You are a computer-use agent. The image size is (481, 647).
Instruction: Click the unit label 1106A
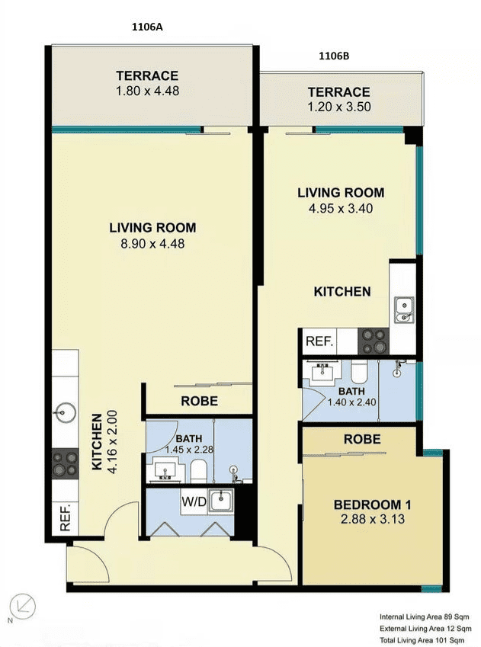[147, 27]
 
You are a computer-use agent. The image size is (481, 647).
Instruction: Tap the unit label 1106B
[334, 56]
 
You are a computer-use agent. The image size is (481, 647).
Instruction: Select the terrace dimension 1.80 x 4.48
[147, 91]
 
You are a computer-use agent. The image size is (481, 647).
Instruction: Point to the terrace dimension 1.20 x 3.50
[339, 107]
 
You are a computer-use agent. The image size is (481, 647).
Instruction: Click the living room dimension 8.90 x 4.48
[152, 243]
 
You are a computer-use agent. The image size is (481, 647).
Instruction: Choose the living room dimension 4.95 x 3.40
[341, 208]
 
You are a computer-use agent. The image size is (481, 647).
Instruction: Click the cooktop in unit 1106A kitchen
[66, 463]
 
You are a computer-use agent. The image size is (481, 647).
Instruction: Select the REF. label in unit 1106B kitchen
[319, 341]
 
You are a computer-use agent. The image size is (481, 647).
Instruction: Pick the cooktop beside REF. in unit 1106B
[374, 341]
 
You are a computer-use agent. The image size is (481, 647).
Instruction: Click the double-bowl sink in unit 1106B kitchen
[403, 310]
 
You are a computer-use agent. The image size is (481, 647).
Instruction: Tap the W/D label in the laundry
[194, 502]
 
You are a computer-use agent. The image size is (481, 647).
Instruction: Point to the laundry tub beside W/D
[220, 501]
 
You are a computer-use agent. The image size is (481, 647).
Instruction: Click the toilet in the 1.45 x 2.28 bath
[199, 471]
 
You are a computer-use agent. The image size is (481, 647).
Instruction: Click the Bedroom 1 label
[373, 504]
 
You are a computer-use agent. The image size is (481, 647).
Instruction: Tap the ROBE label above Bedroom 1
[362, 439]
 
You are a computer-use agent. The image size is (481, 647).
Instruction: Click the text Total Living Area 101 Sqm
[424, 640]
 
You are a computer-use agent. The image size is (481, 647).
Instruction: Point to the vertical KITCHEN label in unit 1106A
[97, 442]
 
